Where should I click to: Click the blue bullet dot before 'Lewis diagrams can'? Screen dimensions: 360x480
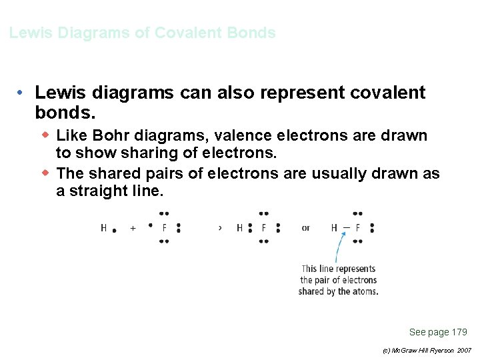(x=22, y=92)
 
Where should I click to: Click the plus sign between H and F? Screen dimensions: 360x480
(x=133, y=228)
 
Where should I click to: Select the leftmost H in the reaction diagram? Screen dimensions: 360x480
(x=104, y=228)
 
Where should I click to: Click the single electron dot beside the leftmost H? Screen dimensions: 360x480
(x=115, y=231)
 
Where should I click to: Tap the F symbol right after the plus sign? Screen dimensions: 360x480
(x=165, y=228)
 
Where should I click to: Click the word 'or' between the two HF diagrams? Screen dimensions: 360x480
(x=305, y=228)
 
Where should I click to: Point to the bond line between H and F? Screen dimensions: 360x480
(x=347, y=227)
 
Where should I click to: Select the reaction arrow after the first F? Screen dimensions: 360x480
(x=220, y=228)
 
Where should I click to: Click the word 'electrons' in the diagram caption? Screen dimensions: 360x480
(x=357, y=280)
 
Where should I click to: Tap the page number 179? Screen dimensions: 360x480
(x=459, y=332)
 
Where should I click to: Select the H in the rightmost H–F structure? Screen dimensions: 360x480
(x=334, y=228)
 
